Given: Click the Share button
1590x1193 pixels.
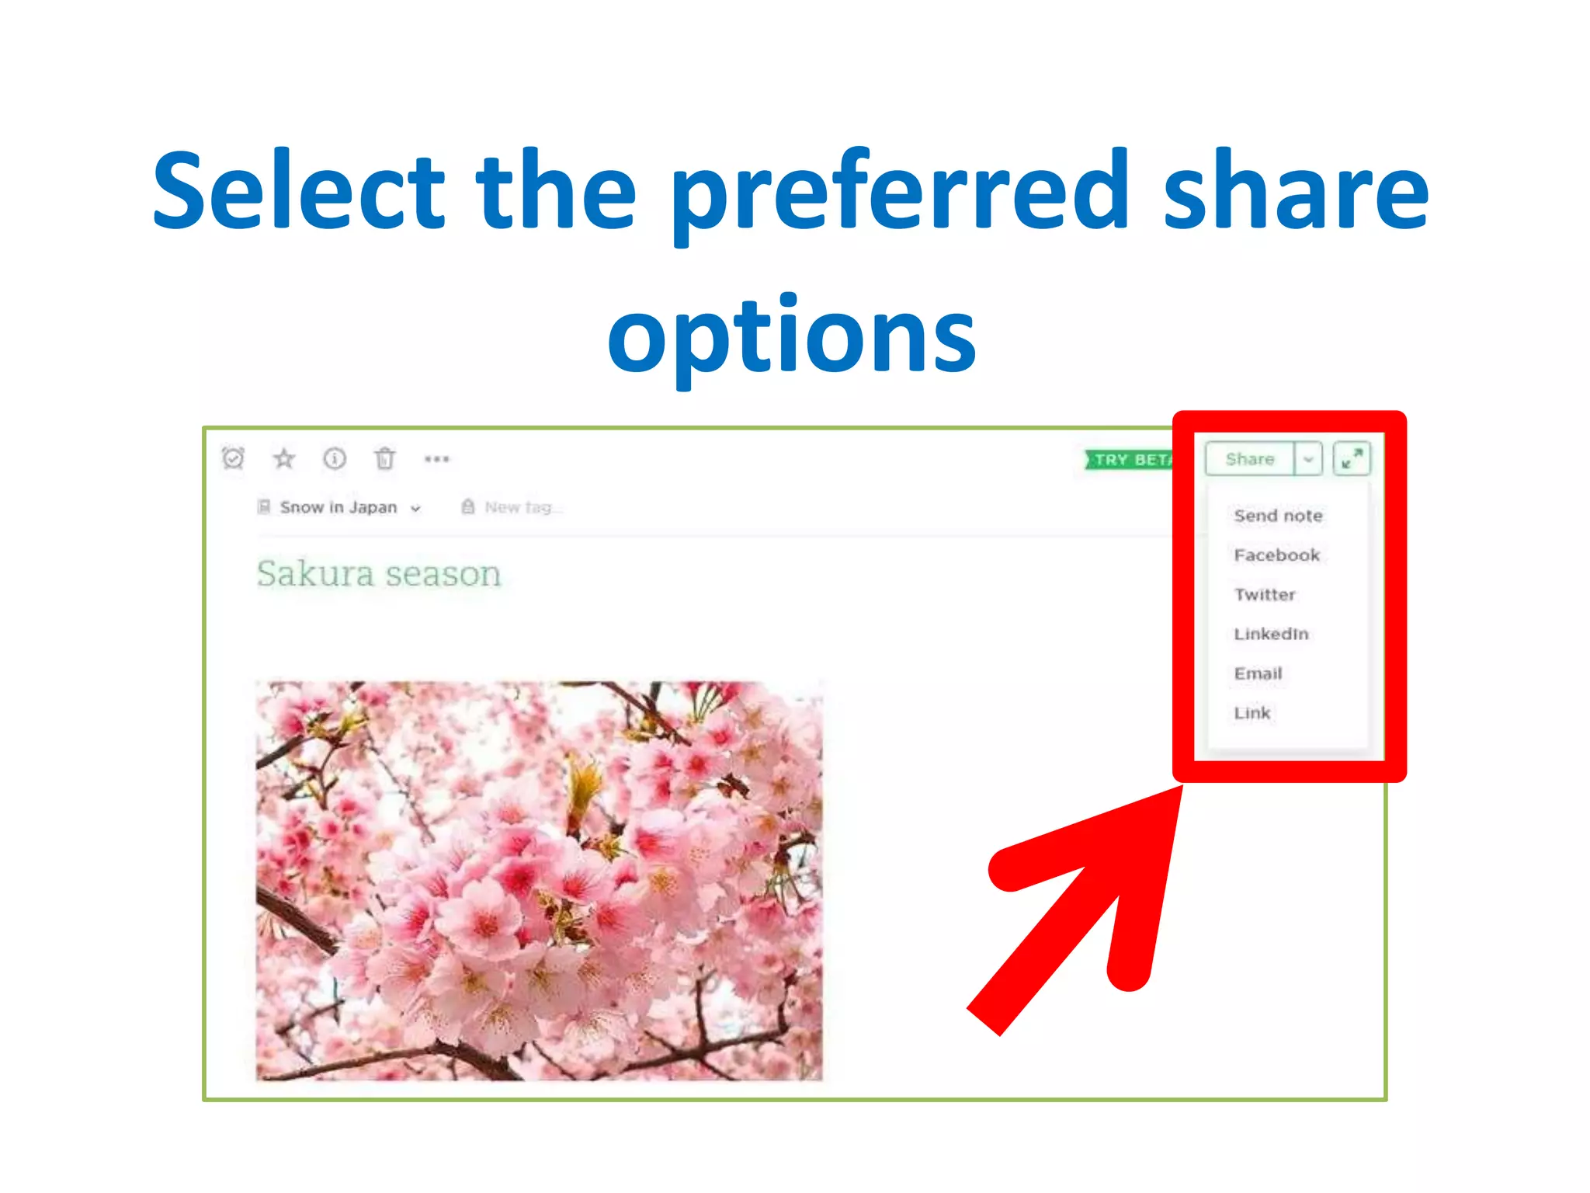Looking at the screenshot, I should coord(1249,459).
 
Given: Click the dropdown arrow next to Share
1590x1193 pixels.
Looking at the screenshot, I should coord(1308,459).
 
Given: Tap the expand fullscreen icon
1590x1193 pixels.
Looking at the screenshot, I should coord(1352,459).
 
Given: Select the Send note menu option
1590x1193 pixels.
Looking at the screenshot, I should coord(1278,516).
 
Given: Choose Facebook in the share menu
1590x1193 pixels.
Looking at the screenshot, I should coord(1276,555).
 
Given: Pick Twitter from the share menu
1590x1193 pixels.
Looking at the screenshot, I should coord(1265,595).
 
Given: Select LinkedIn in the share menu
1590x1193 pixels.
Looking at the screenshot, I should coord(1271,634).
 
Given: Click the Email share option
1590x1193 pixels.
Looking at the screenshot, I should coord(1258,673).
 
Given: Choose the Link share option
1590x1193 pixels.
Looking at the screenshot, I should coord(1252,713).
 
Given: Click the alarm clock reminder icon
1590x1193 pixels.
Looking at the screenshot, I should coord(233,458).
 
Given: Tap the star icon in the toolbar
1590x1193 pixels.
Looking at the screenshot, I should coord(284,458).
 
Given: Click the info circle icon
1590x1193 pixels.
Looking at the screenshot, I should coord(335,458).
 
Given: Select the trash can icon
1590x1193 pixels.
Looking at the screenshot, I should coord(385,459).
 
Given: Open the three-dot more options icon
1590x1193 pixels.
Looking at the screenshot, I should coord(437,459).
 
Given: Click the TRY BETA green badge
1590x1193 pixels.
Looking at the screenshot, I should coord(1130,460).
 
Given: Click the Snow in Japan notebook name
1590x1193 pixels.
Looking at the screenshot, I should coord(338,508).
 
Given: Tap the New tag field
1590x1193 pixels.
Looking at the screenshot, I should coord(518,508).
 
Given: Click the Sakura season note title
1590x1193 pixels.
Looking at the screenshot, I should coord(379,574).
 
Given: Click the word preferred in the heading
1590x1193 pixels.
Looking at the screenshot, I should coord(899,193).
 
